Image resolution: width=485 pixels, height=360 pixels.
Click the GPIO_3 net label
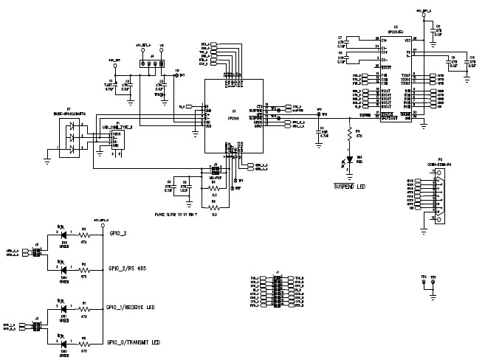pyautogui.click(x=118, y=232)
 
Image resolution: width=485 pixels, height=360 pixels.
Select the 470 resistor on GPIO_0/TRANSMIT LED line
pyautogui.click(x=83, y=343)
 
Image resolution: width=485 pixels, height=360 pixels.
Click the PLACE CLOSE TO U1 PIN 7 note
pyautogui.click(x=178, y=216)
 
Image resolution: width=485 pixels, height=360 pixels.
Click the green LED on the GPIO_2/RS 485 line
pyautogui.click(x=63, y=271)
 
